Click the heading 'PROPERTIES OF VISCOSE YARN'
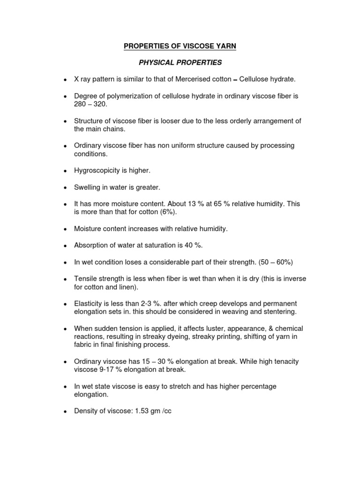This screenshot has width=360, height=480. tap(180, 46)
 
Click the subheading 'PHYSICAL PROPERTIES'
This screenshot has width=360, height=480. tap(180, 62)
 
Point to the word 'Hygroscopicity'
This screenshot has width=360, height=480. tap(97, 171)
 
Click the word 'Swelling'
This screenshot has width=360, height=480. tap(87, 187)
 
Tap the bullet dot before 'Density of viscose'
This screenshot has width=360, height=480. tap(64, 412)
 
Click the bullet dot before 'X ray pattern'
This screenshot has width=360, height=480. tap(64, 80)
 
